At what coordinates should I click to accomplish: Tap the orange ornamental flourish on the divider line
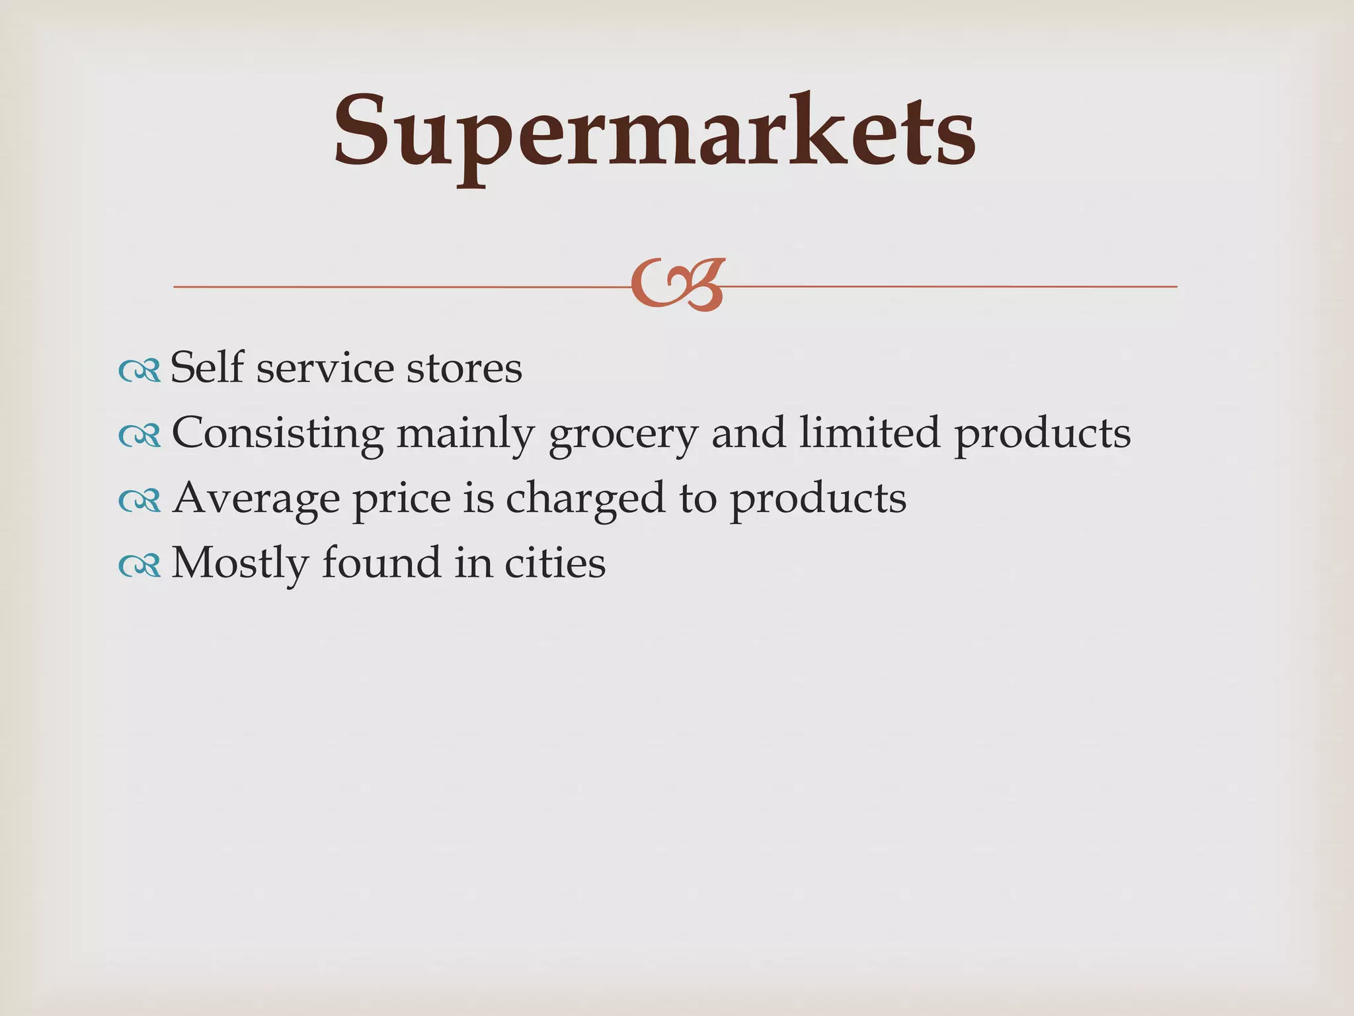678,285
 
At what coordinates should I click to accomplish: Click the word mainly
465,434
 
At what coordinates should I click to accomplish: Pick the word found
381,562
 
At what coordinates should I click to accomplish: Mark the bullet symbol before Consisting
139,437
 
